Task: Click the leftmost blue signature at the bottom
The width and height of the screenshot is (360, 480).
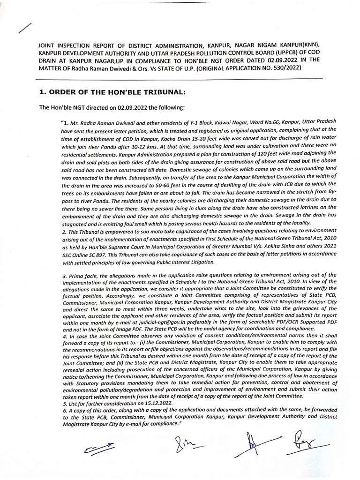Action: pos(97,448)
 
